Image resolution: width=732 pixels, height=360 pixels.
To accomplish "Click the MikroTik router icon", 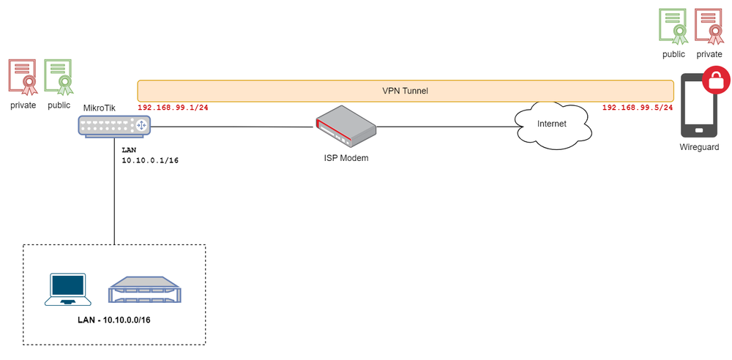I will click(x=115, y=127).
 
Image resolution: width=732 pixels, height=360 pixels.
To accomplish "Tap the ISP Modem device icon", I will click(x=346, y=126).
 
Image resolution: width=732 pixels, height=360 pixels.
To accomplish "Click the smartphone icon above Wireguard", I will click(x=698, y=105).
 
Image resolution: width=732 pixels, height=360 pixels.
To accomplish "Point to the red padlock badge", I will click(x=717, y=80).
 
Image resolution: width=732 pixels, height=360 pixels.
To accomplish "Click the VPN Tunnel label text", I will click(x=405, y=91).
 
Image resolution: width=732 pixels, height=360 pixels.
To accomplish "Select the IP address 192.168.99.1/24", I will click(x=173, y=108).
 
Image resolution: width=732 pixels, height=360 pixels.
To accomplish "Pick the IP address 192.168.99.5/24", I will click(x=637, y=108).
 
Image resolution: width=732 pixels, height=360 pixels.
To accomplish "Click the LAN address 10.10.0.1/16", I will click(x=150, y=160).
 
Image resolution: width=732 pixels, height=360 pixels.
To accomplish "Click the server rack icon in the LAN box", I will click(x=145, y=290).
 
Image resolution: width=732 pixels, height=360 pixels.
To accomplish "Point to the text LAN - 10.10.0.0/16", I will click(x=114, y=320).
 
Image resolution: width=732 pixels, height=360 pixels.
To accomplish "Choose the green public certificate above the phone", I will click(x=673, y=26).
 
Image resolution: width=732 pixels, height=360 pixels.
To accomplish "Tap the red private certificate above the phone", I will click(x=709, y=26).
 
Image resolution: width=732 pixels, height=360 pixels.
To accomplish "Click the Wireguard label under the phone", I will click(x=698, y=147).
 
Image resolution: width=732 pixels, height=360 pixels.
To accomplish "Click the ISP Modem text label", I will click(x=346, y=157).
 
